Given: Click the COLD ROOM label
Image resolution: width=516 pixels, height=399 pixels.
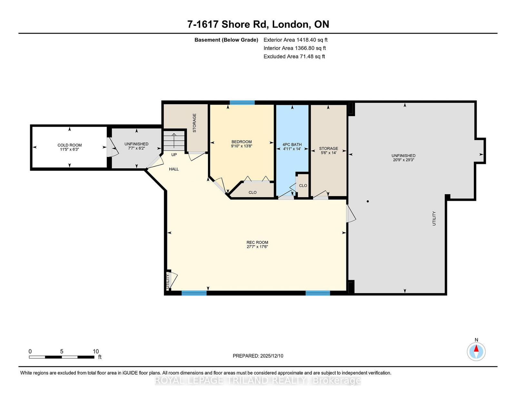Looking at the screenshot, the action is click(x=70, y=145).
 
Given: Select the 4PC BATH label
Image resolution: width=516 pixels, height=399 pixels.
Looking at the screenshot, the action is click(x=292, y=145).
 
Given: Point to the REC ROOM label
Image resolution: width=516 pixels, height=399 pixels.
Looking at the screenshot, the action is click(x=257, y=243).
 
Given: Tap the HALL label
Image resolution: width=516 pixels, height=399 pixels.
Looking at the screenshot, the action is click(x=174, y=169).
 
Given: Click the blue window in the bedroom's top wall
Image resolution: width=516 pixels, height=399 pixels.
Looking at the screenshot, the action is click(x=242, y=103).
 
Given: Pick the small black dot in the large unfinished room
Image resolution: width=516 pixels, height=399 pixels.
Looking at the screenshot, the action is click(x=368, y=201).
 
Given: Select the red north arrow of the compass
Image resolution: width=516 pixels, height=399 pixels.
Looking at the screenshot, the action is click(x=476, y=348).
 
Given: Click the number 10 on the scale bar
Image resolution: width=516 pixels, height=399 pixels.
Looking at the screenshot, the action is click(x=96, y=352).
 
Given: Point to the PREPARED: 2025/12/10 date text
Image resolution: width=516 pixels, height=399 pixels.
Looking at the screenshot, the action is click(x=258, y=356).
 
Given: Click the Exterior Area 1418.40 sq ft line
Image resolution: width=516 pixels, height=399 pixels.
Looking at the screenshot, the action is click(x=295, y=40).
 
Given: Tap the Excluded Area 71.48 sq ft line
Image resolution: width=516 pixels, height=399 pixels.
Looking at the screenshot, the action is click(x=294, y=56).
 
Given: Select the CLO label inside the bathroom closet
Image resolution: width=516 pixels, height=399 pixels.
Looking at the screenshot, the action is click(x=303, y=185).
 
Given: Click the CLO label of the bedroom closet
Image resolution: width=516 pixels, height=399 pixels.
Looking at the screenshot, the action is click(x=253, y=192).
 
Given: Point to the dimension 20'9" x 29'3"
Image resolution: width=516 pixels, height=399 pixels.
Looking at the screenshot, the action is click(x=403, y=160).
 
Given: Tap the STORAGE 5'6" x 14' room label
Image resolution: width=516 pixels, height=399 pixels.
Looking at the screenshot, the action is click(x=329, y=151).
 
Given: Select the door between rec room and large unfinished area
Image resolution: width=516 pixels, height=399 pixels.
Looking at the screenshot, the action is click(x=351, y=214).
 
